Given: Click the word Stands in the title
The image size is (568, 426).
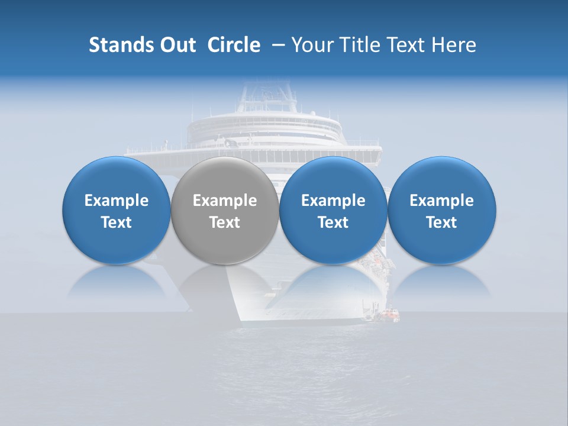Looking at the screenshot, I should (117, 45).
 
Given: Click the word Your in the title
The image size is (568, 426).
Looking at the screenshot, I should (310, 45).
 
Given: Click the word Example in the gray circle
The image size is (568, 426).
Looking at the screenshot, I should (225, 201).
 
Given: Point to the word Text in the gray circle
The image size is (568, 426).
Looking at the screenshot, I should (225, 222).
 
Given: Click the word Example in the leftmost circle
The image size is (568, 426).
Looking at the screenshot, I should (117, 201).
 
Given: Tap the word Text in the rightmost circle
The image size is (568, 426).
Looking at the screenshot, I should (442, 222).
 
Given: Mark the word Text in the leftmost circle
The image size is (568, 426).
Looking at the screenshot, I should (117, 222).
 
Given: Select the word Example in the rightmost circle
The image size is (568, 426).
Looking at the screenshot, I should (442, 201).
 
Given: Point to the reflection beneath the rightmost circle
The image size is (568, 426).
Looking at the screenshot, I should (442, 282).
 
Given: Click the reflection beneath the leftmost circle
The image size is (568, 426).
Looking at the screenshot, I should (117, 282).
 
